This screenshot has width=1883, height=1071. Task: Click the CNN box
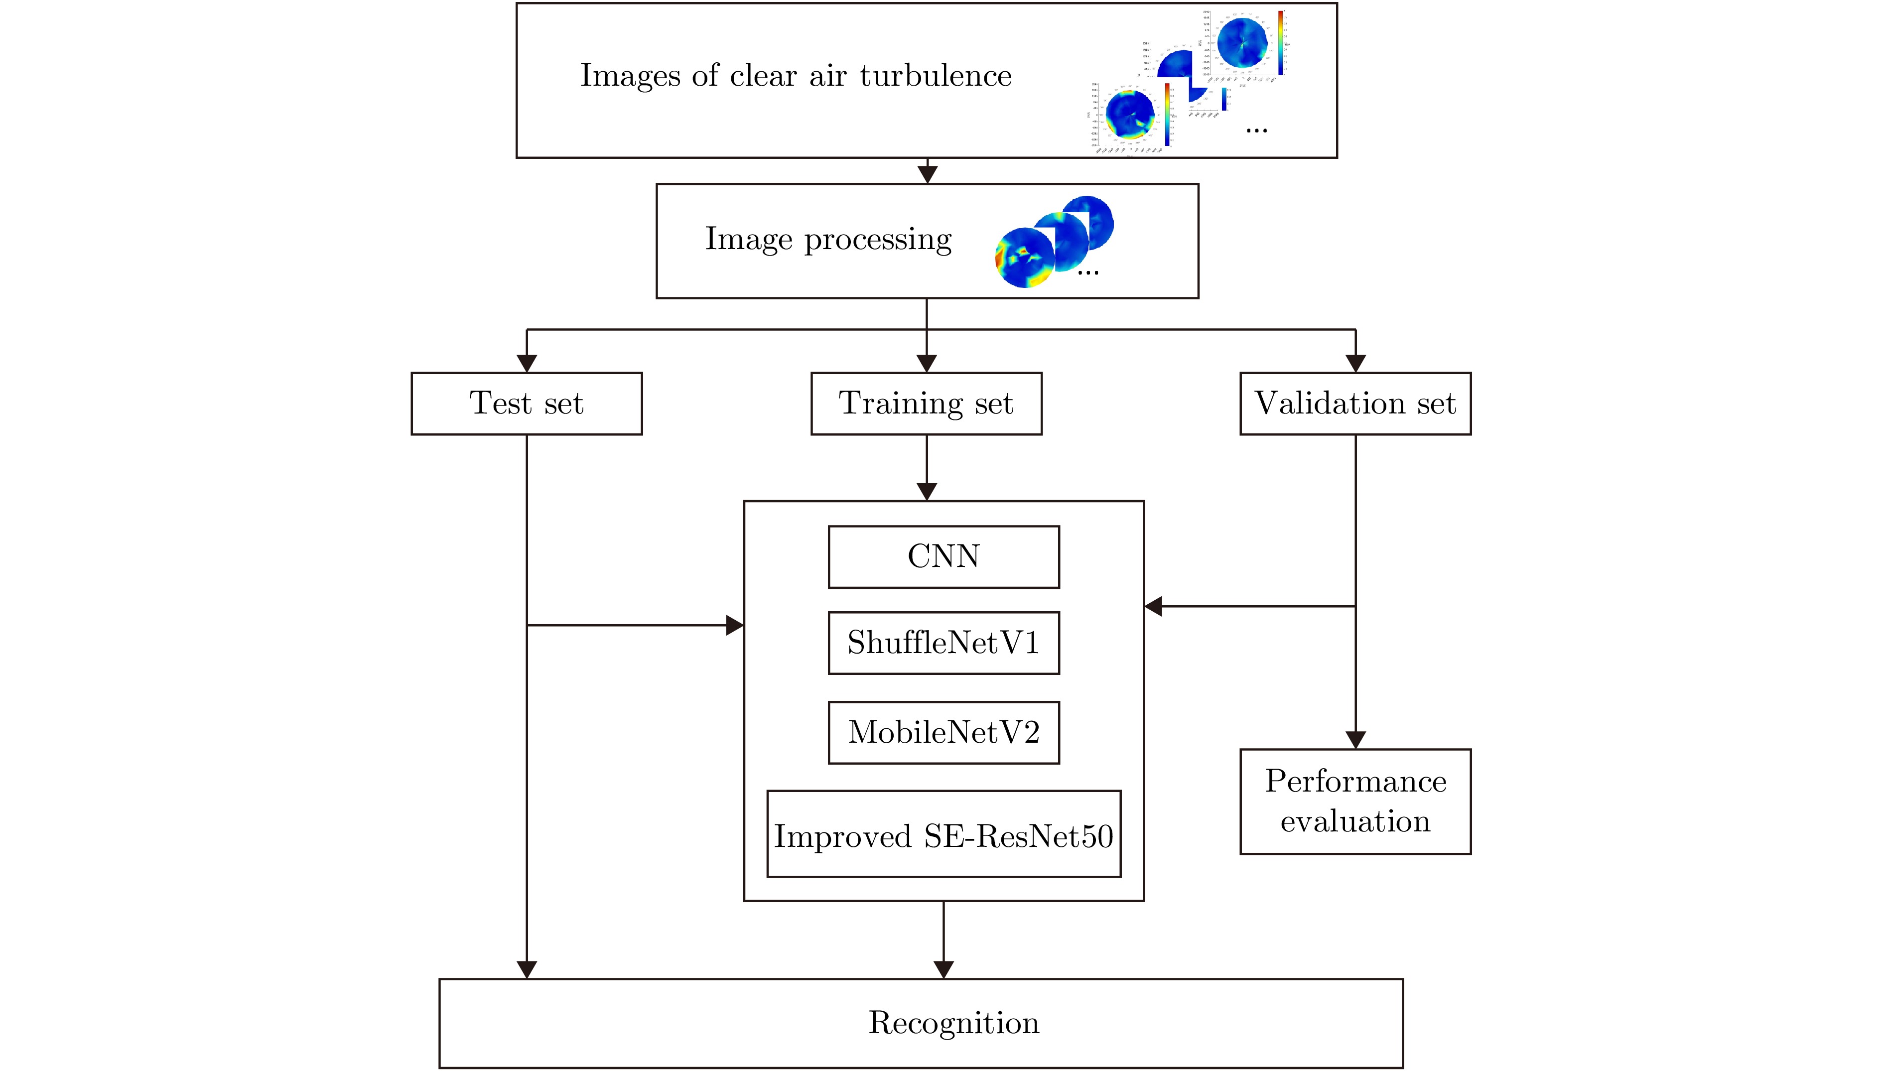[x=943, y=556]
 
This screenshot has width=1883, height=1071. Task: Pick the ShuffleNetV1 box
[x=943, y=643]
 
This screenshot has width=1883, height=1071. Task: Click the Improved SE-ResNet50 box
[x=943, y=834]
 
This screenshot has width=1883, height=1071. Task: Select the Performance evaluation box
[x=1355, y=801]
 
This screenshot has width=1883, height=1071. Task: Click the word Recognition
[x=954, y=1023]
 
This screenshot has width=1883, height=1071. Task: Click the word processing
[x=878, y=240]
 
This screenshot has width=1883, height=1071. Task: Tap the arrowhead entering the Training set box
[x=927, y=363]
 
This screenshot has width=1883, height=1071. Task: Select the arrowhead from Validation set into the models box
[x=1153, y=606]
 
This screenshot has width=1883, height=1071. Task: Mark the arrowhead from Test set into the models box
[x=735, y=625]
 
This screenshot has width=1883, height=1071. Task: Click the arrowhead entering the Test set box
[x=527, y=363]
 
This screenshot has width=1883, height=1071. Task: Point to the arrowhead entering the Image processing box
[x=928, y=174]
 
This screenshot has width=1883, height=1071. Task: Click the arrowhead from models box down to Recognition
[x=943, y=969]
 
